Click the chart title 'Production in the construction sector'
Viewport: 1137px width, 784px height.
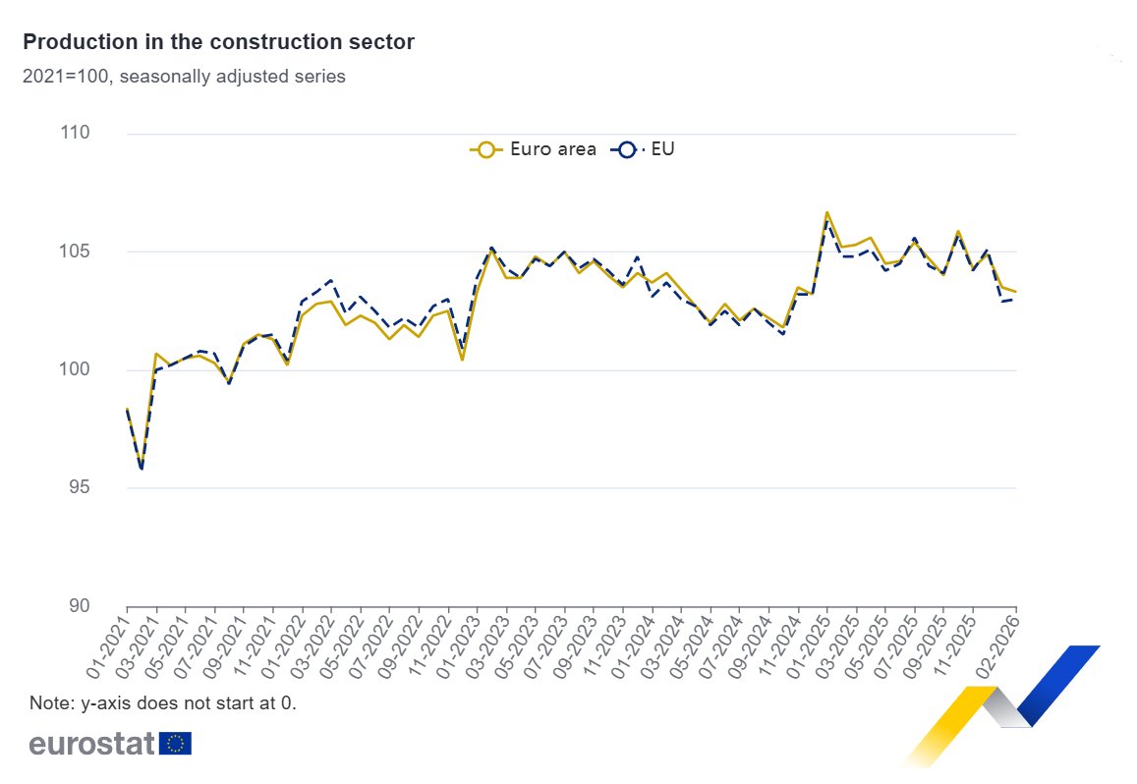pyautogui.click(x=218, y=42)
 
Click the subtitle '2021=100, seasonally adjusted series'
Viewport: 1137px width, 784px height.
pyautogui.click(x=184, y=77)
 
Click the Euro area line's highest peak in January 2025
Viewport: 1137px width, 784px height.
pyautogui.click(x=826, y=212)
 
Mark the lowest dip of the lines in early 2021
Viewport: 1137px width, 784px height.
pyautogui.click(x=142, y=468)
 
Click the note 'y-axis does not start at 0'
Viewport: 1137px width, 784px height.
pyautogui.click(x=163, y=703)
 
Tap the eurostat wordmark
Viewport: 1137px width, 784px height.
pyautogui.click(x=91, y=744)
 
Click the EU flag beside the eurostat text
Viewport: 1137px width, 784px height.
pyautogui.click(x=176, y=744)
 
